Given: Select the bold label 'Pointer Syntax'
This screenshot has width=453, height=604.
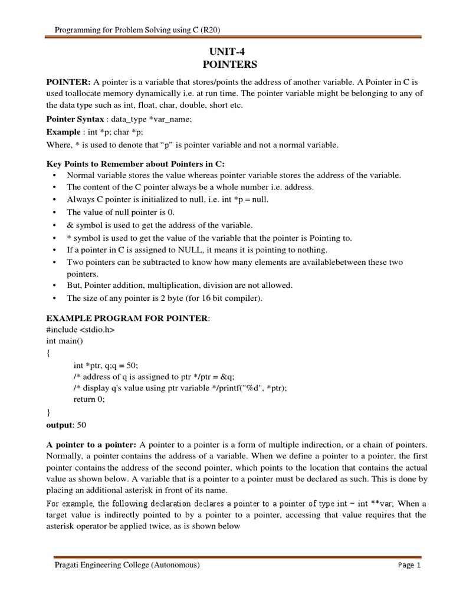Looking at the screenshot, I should click(x=76, y=119).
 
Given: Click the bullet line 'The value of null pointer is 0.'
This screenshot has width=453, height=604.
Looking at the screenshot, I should click(x=120, y=212).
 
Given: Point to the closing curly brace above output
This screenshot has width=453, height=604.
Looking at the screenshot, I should click(x=48, y=411).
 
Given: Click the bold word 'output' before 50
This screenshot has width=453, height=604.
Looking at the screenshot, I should click(x=60, y=424).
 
